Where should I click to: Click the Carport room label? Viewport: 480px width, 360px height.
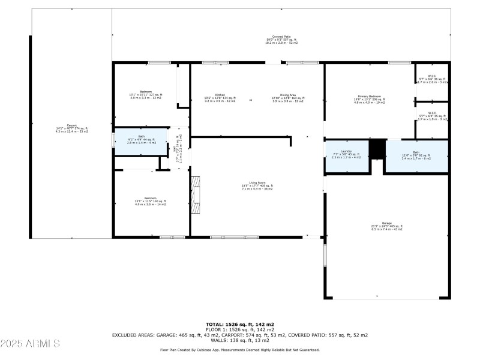71,128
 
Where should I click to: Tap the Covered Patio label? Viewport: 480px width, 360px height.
282,40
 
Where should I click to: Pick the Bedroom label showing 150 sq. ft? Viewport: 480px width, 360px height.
150,202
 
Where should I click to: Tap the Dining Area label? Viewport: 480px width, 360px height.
288,99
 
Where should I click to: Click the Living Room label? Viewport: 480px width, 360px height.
257,187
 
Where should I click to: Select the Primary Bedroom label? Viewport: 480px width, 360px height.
369,99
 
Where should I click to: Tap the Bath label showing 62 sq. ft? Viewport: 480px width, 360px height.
416,155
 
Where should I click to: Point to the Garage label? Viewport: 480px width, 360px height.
386,227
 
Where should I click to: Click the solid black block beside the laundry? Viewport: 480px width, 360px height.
377,149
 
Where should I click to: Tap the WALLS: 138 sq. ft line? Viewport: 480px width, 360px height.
239,340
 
